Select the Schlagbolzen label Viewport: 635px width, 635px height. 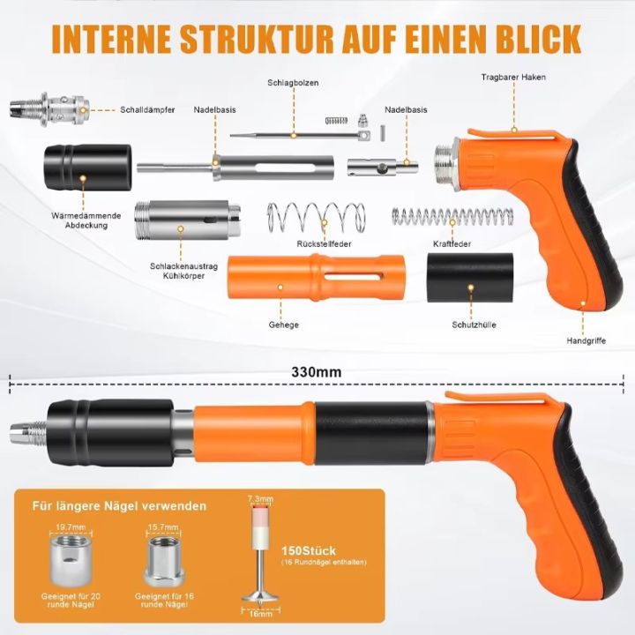coord(293,83)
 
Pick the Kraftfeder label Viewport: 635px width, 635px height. coord(452,243)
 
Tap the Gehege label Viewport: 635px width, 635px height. coord(283,325)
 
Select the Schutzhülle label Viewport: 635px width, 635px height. coord(472,325)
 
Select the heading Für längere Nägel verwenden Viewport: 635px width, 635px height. coord(120,506)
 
